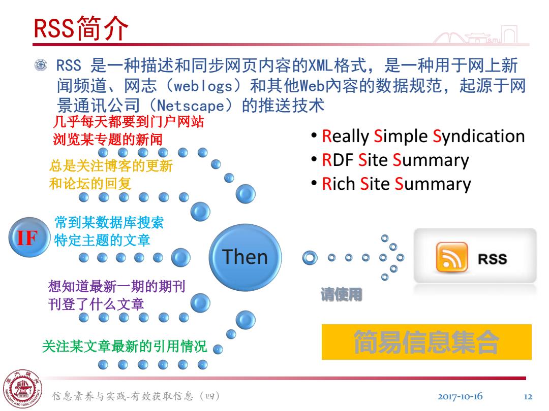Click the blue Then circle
[x=245, y=258]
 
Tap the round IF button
[x=29, y=237]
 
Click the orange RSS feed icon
[x=452, y=258]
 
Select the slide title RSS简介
[x=81, y=28]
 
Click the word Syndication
[x=479, y=136]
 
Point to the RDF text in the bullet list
[x=337, y=160]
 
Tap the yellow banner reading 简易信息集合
[x=426, y=342]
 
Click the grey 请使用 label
[x=342, y=294]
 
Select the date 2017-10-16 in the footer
[x=460, y=396]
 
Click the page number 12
[x=528, y=397]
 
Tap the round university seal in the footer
[x=23, y=389]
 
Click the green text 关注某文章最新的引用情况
[x=125, y=347]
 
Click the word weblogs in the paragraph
[x=203, y=86]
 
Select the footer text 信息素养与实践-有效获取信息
[x=123, y=396]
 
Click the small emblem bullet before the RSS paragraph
[x=41, y=65]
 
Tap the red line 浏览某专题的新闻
[x=107, y=140]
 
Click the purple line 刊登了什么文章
[x=96, y=304]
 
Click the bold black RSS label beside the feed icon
[x=492, y=259]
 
